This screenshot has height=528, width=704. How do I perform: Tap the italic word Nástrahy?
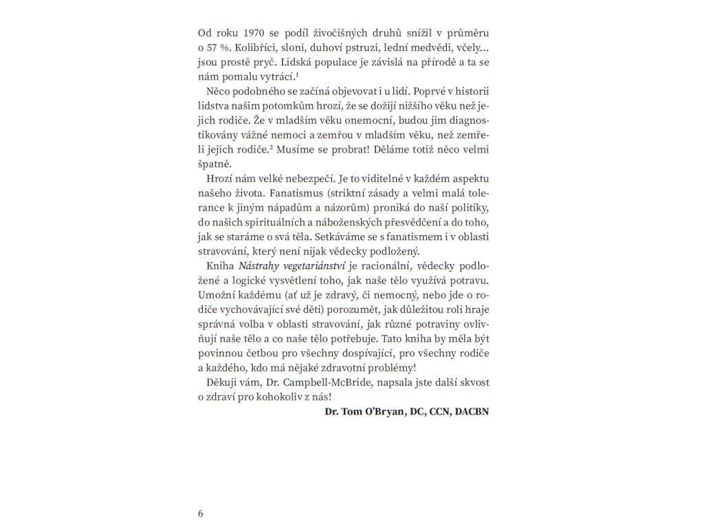pos(260,266)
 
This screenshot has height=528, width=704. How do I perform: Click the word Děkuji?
pos(221,382)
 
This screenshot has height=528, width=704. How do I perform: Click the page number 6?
pos(200,514)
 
